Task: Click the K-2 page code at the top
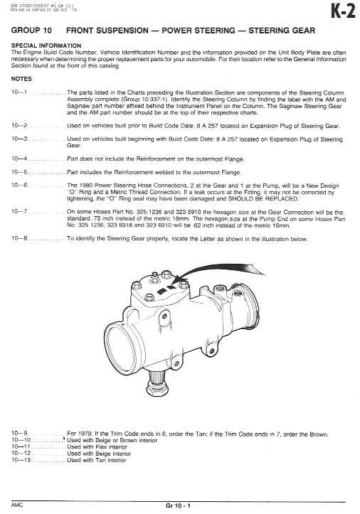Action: (343, 11)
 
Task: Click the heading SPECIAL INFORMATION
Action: (46, 45)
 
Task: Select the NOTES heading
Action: (21, 79)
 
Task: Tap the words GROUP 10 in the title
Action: (31, 31)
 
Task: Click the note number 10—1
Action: (19, 92)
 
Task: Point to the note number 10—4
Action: (19, 159)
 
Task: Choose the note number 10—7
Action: (19, 211)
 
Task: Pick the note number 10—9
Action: (19, 434)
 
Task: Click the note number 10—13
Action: (21, 460)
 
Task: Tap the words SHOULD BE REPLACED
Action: (263, 199)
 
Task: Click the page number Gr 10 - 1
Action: (178, 505)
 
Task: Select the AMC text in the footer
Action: (17, 505)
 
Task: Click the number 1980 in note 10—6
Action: (86, 186)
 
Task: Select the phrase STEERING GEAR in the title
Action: (282, 31)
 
